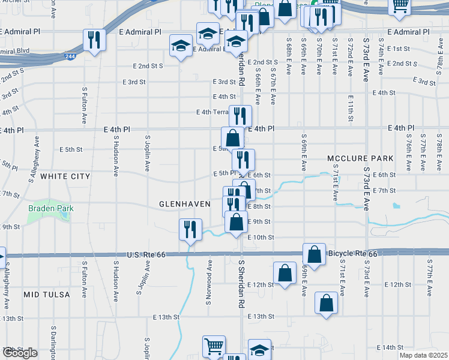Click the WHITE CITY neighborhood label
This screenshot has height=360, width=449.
pos(65,176)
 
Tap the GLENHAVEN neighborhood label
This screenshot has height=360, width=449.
pos(184,204)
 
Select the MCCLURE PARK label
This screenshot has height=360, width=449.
pos(360,158)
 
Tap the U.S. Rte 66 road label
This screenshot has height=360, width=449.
pos(146,255)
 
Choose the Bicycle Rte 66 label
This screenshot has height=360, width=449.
pos(353,254)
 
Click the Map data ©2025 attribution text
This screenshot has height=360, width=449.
pos(423,355)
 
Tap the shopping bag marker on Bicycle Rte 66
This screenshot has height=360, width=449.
pos(314,254)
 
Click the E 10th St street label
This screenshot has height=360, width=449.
pos(261,238)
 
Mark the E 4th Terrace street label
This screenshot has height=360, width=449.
pos(213,112)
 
